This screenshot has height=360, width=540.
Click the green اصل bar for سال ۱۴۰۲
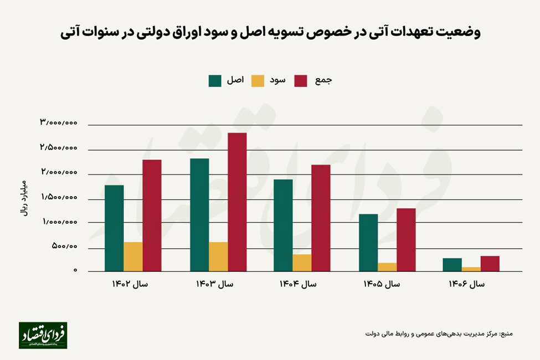pyautogui.click(x=114, y=228)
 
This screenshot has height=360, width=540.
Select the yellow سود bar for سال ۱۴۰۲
pyautogui.click(x=133, y=256)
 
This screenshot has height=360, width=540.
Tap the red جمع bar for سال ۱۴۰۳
pyautogui.click(x=237, y=202)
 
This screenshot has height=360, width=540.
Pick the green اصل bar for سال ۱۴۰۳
pyautogui.click(x=199, y=215)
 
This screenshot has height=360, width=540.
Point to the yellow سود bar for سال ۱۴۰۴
pyautogui.click(x=303, y=263)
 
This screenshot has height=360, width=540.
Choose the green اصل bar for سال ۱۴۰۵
pyautogui.click(x=368, y=242)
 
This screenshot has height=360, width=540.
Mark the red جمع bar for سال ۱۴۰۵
pyautogui.click(x=406, y=239)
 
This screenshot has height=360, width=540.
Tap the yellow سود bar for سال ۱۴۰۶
pyautogui.click(x=471, y=269)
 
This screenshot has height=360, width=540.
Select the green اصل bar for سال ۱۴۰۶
pyautogui.click(x=452, y=264)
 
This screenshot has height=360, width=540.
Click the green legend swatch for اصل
pyautogui.click(x=215, y=81)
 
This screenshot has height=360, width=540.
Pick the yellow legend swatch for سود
pyautogui.click(x=258, y=81)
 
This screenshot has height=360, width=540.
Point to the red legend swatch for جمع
pyautogui.click(x=301, y=81)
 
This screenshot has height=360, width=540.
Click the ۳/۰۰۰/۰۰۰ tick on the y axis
pyautogui.click(x=58, y=122)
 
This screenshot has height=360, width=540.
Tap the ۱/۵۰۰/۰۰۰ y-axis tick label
pyautogui.click(x=58, y=197)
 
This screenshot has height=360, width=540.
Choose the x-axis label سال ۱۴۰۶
pyautogui.click(x=466, y=284)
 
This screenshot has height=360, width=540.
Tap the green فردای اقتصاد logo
pyautogui.click(x=43, y=335)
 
